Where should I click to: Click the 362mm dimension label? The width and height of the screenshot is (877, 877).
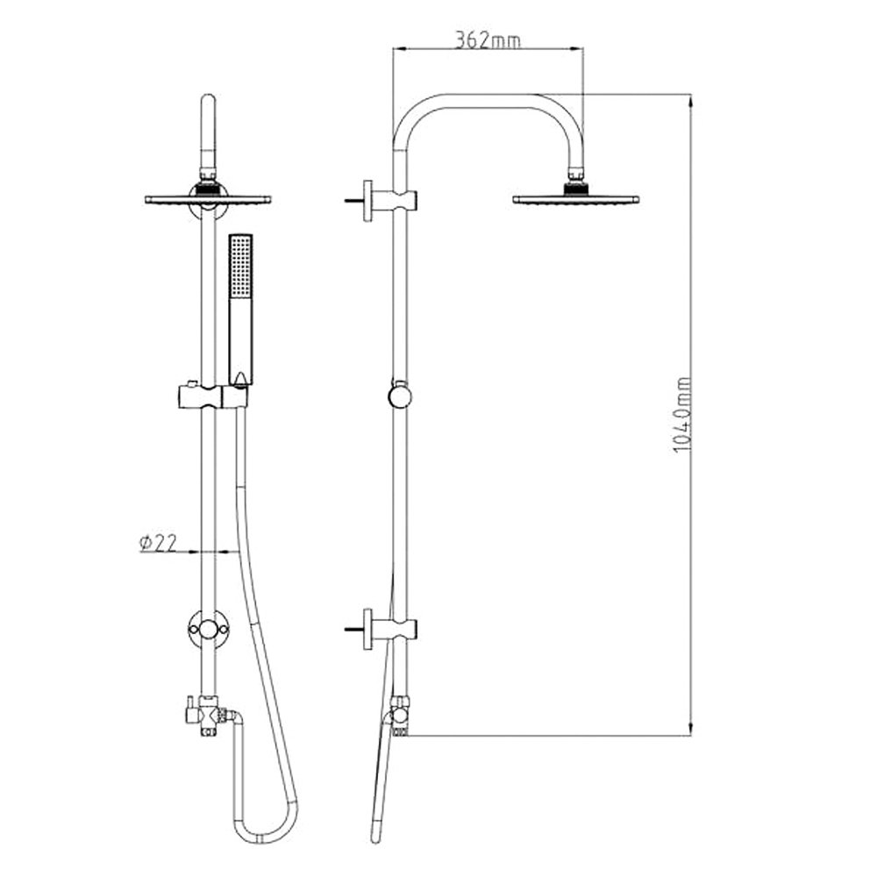pyautogui.click(x=488, y=39)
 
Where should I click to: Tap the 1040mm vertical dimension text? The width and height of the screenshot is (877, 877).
pyautogui.click(x=682, y=415)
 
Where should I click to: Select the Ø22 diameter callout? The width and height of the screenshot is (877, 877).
pyautogui.click(x=158, y=543)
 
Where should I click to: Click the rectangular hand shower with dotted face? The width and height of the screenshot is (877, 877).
pyautogui.click(x=240, y=310)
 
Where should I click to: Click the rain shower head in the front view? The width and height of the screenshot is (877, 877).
pyautogui.click(x=208, y=199)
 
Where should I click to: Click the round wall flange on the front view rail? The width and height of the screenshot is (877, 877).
pyautogui.click(x=208, y=629)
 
